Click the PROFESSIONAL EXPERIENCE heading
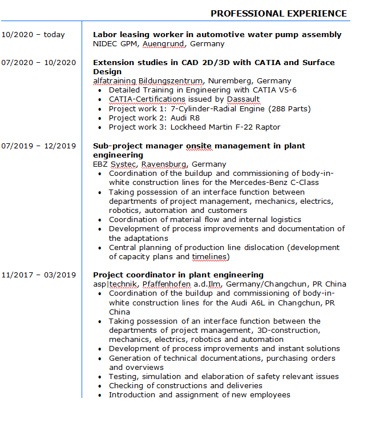278,13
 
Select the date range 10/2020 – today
33,35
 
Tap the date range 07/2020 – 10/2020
38,63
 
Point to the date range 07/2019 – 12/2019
38,146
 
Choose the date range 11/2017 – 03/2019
38,275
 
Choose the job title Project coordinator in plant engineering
178,275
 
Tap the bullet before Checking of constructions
101,386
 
